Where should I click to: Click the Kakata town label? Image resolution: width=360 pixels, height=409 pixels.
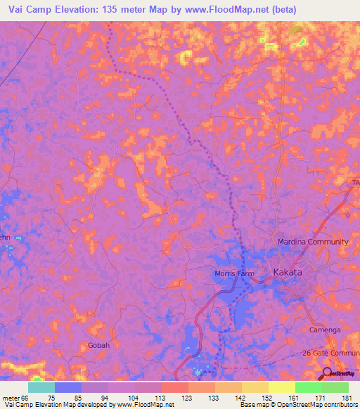(x=288, y=272)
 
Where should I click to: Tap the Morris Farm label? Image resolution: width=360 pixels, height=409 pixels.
(x=233, y=273)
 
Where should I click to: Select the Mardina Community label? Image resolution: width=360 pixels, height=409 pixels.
(x=313, y=242)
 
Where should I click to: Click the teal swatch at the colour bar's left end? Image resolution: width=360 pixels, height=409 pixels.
(x=41, y=387)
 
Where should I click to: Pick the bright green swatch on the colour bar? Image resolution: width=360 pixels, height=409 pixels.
(x=309, y=387)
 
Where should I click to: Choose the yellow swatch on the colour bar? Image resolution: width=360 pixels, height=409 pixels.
(x=282, y=387)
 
